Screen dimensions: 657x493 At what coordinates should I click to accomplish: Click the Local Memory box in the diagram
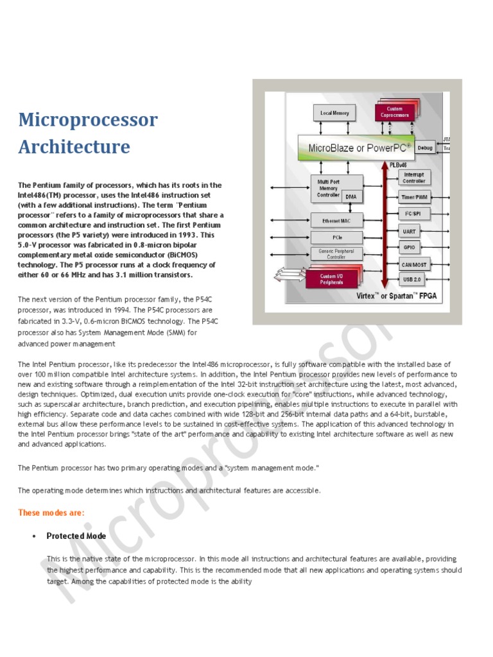pos(334,114)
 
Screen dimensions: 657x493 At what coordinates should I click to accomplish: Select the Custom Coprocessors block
pos(394,112)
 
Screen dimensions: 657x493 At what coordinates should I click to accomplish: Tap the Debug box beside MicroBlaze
pos(425,148)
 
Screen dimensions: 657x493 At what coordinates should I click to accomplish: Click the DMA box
pos(350,197)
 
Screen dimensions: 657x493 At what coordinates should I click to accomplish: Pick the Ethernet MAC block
pos(336,221)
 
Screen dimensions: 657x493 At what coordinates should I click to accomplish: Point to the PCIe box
pos(336,237)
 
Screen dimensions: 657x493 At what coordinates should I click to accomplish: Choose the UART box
pos(409,231)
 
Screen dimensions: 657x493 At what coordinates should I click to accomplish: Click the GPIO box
pos(409,247)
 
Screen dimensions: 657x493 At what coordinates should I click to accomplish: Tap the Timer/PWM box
pos(413,198)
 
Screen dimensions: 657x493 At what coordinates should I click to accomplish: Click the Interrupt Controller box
pos(413,178)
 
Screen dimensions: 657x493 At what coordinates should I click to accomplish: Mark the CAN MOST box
pos(413,264)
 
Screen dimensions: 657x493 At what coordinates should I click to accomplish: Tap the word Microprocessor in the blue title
pos(88,120)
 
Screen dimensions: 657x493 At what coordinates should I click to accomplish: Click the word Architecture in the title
pos(74,147)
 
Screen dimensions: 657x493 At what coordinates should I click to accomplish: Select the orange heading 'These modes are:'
pos(51,512)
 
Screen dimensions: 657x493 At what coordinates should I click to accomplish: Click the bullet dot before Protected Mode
pos(33,536)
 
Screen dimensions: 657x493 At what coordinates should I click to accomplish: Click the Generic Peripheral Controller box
pos(336,254)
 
